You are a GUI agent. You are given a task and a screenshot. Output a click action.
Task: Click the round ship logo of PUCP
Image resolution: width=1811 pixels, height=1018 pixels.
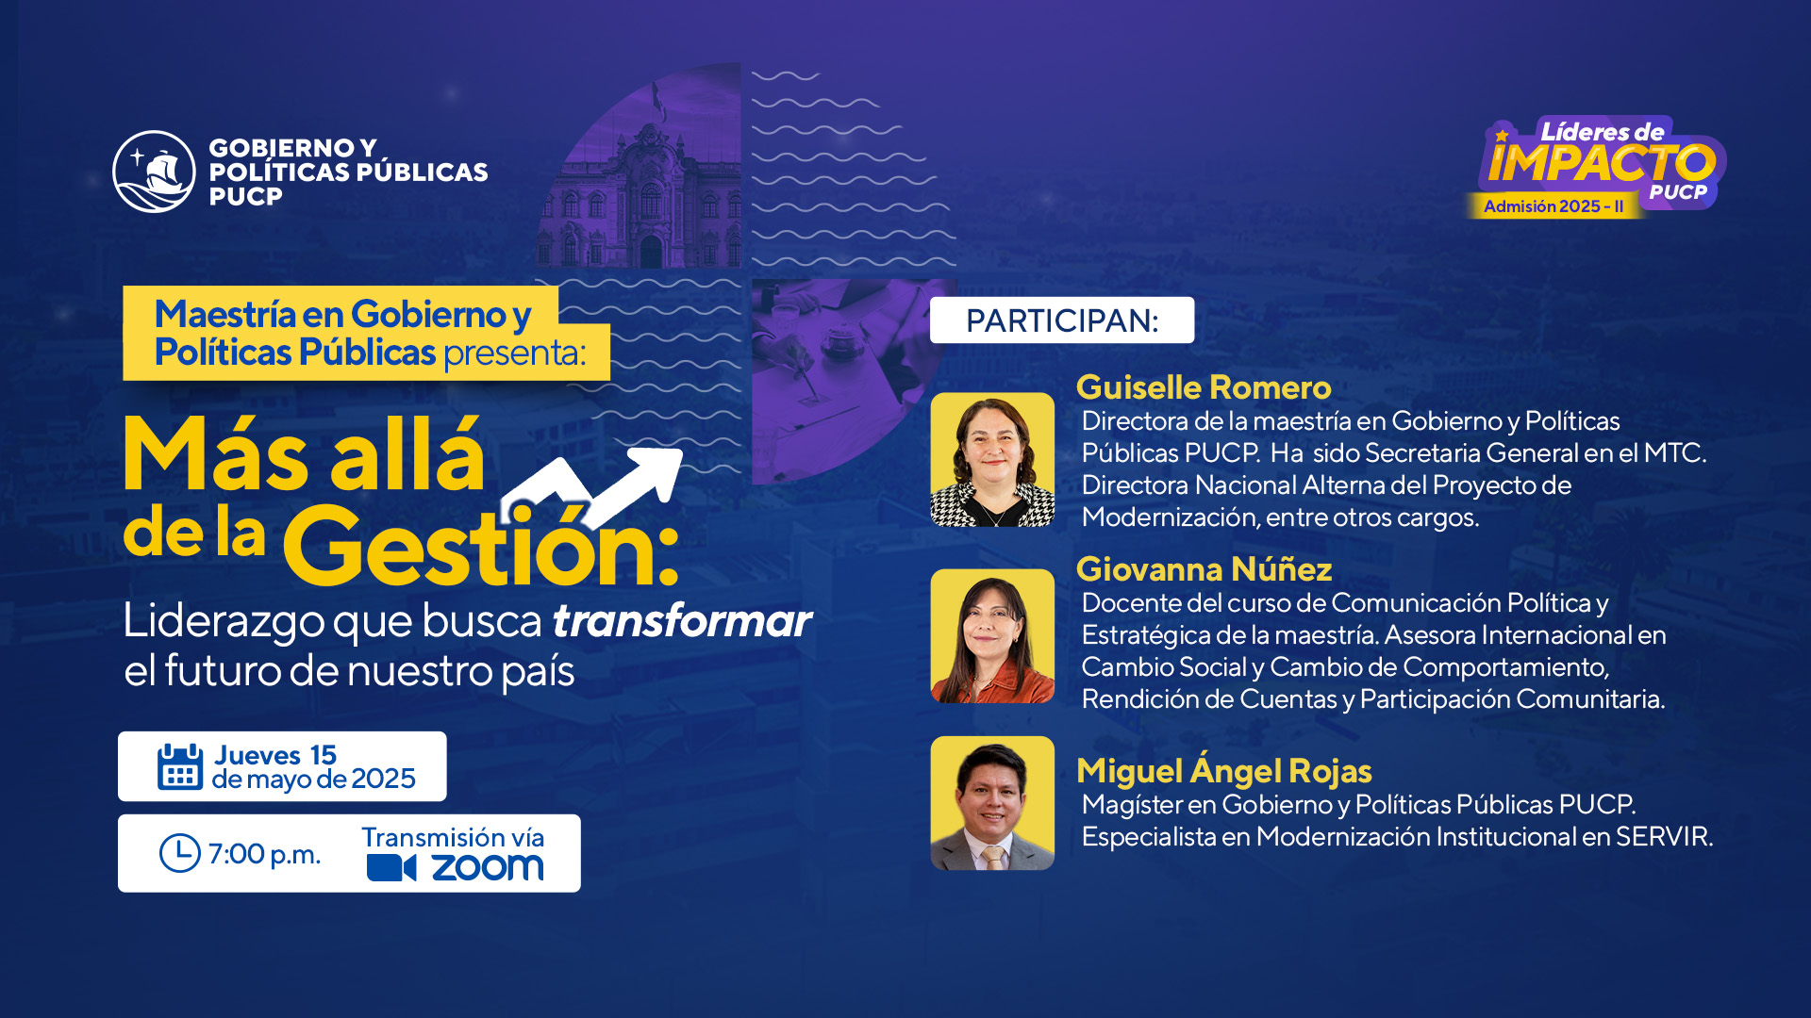[x=154, y=172]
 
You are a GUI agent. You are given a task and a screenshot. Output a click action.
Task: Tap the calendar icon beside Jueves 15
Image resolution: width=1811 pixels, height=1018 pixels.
[x=180, y=766]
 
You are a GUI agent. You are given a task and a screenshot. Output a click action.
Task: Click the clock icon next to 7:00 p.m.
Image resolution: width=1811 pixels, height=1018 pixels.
[x=179, y=853]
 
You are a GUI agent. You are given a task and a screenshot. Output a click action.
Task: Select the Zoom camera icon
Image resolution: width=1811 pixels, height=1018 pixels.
[x=391, y=868]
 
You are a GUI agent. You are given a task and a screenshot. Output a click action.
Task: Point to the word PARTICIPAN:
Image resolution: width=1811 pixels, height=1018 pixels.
[x=1062, y=320]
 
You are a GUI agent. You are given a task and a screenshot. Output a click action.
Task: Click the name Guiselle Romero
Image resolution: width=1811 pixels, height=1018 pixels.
[x=1204, y=387]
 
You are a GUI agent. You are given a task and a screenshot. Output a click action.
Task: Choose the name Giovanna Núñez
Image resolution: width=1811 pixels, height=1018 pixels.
[x=1204, y=569]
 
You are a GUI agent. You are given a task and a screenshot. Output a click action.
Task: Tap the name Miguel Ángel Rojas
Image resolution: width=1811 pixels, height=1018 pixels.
[x=1224, y=770]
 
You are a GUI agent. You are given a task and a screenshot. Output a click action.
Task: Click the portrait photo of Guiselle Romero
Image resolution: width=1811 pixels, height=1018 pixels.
[x=992, y=460]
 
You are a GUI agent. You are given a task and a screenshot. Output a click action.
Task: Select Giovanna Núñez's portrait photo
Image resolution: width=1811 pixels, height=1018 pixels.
[x=992, y=636]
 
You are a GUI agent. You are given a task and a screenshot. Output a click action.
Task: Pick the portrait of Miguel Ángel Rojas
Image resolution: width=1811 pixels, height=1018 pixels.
[x=992, y=803]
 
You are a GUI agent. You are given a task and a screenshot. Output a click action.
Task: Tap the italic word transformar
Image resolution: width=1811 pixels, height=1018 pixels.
[x=682, y=621]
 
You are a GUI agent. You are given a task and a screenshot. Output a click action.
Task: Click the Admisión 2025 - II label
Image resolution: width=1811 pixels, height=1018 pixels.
[x=1553, y=206]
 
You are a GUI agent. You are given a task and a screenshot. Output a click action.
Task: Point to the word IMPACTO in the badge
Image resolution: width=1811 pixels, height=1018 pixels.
[x=1602, y=163]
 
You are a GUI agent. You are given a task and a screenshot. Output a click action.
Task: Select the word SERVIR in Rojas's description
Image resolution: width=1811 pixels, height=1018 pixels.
[x=1664, y=837]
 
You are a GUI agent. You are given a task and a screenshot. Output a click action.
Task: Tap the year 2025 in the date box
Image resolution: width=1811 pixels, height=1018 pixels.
[x=383, y=780]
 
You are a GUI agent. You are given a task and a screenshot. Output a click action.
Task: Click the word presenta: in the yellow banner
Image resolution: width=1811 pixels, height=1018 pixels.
[x=515, y=353]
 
